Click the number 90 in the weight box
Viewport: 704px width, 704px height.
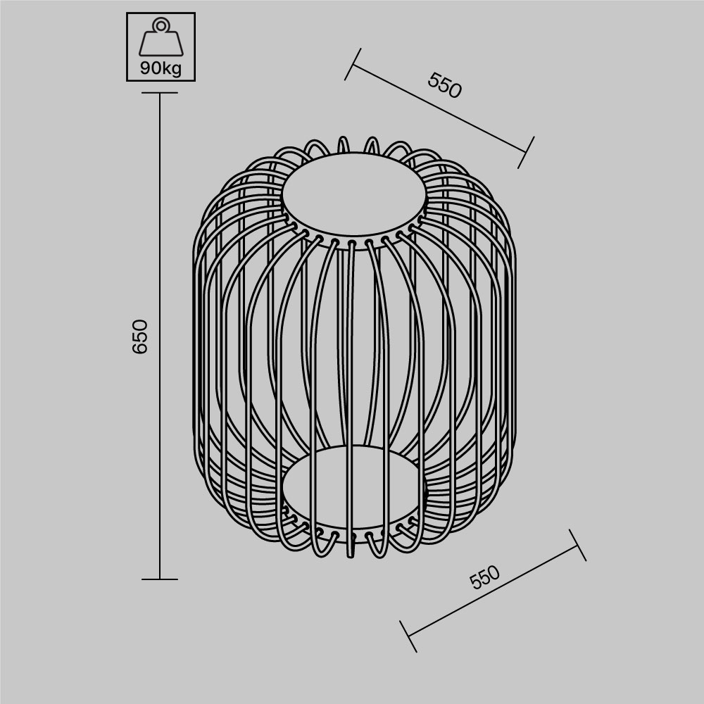coord(149,69)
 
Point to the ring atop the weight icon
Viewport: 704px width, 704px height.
coord(161,25)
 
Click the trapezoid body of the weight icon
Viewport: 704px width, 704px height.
coord(161,44)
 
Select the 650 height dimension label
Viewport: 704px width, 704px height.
coord(140,337)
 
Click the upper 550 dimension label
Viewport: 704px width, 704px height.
coord(444,85)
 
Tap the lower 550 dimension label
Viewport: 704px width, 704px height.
coord(485,577)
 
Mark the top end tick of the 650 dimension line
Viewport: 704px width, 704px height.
coord(160,92)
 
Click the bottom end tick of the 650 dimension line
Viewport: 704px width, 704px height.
coord(160,579)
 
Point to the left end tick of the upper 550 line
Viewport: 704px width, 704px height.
coord(353,64)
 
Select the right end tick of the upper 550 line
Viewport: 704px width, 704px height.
coord(526,152)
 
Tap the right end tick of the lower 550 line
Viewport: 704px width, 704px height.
coord(577,545)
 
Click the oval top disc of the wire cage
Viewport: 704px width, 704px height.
coord(354,194)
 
